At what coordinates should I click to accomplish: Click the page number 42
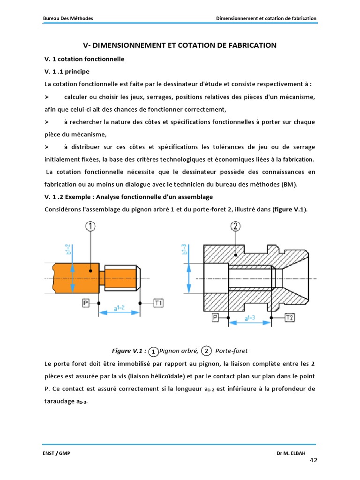(314, 460)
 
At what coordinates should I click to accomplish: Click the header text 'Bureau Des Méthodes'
(68, 18)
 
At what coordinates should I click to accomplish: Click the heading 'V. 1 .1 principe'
(67, 71)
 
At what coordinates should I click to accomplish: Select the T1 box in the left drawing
(159, 303)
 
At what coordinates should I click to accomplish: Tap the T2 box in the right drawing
(290, 318)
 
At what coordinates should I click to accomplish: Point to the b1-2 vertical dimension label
(67, 249)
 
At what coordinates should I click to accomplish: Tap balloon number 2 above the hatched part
(236, 227)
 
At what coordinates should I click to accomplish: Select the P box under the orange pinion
(85, 303)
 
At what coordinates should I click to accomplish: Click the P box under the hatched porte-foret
(215, 318)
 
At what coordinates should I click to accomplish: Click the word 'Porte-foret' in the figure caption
(231, 351)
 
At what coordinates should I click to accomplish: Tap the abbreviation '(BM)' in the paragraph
(289, 184)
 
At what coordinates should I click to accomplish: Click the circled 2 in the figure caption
(206, 351)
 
